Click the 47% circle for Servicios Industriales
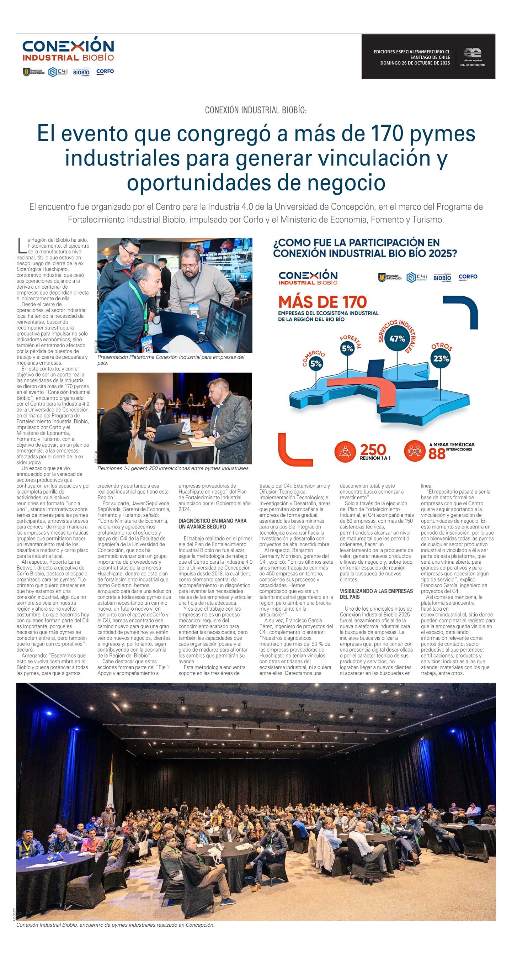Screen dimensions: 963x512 point(397,339)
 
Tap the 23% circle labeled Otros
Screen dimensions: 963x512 point(441,358)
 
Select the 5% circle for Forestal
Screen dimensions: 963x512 point(347,348)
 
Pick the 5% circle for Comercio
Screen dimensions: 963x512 point(316,363)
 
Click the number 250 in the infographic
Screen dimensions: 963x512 point(373,450)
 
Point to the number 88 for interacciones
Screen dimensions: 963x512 point(437,453)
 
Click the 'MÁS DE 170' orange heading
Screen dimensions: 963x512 point(322,302)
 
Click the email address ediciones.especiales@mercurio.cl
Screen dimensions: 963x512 point(411,52)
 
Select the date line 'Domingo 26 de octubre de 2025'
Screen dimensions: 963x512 point(415,63)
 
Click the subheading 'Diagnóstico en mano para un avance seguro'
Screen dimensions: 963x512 point(213,524)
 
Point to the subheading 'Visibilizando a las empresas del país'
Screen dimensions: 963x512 point(376,594)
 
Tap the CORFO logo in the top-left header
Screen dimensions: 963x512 point(105,72)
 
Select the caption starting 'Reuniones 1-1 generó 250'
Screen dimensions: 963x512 point(173,468)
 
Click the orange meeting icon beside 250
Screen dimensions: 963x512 point(345,451)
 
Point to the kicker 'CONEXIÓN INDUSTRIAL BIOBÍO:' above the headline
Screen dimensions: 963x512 point(256,110)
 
